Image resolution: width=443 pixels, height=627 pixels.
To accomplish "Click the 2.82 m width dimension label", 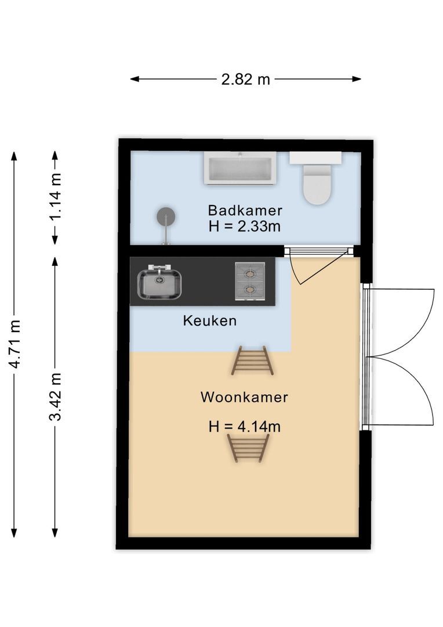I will (245, 80).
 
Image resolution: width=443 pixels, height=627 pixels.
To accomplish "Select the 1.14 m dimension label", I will (55, 197).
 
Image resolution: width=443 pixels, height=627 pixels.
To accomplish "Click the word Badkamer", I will (245, 210).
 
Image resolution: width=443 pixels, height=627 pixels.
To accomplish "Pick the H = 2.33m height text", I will (245, 226).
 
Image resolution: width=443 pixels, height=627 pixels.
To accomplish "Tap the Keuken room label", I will (210, 320).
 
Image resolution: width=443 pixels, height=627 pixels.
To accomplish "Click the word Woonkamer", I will (244, 398).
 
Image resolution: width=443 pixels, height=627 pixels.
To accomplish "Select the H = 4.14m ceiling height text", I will (245, 427).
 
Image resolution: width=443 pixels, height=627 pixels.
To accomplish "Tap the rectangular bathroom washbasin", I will (240, 169).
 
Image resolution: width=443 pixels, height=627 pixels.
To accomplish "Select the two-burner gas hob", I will (250, 281).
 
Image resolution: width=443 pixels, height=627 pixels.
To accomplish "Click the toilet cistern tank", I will (315, 158).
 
